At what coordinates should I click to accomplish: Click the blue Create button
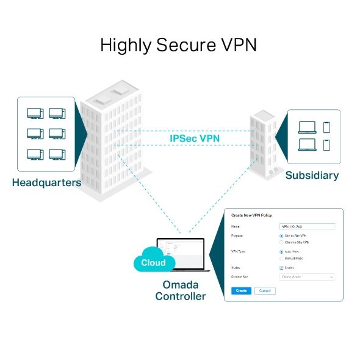[241, 290]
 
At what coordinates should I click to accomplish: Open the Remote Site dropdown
[307, 276]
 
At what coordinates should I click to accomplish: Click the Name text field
[307, 226]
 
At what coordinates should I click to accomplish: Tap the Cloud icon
[153, 262]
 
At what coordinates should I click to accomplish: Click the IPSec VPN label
[195, 139]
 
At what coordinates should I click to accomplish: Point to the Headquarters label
[46, 182]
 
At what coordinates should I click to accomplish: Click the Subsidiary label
[312, 175]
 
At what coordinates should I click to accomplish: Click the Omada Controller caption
[180, 290]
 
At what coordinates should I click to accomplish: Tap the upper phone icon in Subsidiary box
[326, 127]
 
